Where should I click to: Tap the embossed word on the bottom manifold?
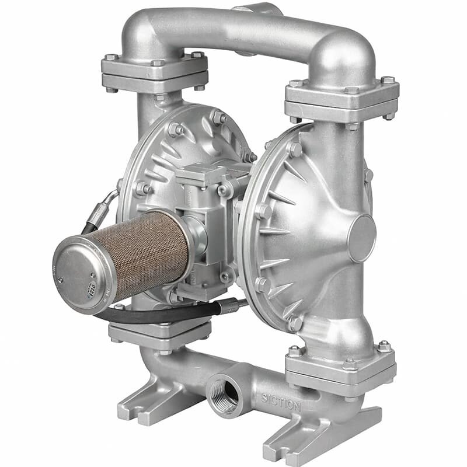(281, 403)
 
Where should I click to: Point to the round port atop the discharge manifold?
(257, 9)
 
